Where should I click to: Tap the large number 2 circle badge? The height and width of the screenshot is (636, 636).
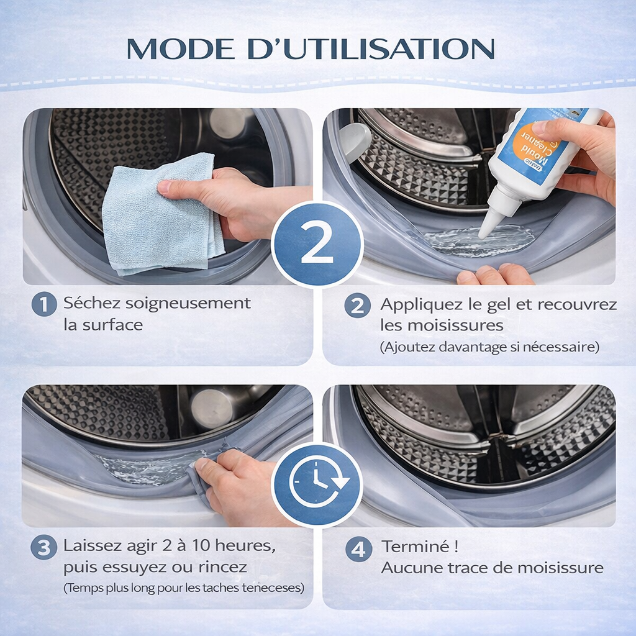coord(317,244)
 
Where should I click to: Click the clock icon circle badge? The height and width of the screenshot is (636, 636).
coord(317,484)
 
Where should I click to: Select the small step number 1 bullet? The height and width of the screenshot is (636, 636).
coord(44,304)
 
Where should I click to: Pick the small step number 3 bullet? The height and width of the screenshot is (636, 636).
coord(44,548)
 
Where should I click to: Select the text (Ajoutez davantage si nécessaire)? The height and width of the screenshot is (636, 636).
coord(489,347)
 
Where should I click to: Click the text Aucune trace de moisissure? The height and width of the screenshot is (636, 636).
coord(492,568)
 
